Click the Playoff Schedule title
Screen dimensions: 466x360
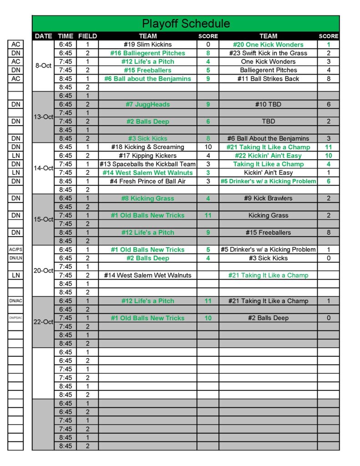pyautogui.click(x=186, y=24)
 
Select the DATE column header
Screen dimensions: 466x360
pyautogui.click(x=43, y=36)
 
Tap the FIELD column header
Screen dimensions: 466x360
pyautogui.click(x=87, y=36)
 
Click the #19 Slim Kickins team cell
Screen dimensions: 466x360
pyautogui.click(x=147, y=45)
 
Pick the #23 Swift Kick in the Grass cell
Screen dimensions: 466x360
pyautogui.click(x=268, y=53)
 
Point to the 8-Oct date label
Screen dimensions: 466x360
pyautogui.click(x=43, y=66)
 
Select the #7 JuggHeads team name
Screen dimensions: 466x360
pyautogui.click(x=147, y=105)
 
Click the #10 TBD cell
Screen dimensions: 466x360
pyautogui.click(x=268, y=105)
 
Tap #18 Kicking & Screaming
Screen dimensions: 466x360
pyautogui.click(x=147, y=147)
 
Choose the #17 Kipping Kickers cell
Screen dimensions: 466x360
pyautogui.click(x=147, y=156)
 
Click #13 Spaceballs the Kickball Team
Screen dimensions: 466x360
pyautogui.click(x=147, y=164)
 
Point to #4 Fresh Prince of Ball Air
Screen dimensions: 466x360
pyautogui.click(x=147, y=181)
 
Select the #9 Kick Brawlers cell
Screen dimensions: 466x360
pyautogui.click(x=268, y=198)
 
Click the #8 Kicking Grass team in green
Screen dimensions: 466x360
pyautogui.click(x=147, y=198)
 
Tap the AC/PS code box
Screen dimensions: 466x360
pyautogui.click(x=15, y=249)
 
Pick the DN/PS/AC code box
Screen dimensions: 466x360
pyautogui.click(x=15, y=318)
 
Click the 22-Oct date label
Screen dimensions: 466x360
pyautogui.click(x=43, y=322)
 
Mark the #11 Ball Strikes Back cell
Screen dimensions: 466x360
pyautogui.click(x=268, y=79)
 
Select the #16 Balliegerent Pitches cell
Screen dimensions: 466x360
pyautogui.click(x=147, y=53)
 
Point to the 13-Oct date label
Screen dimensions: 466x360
pyautogui.click(x=43, y=117)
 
